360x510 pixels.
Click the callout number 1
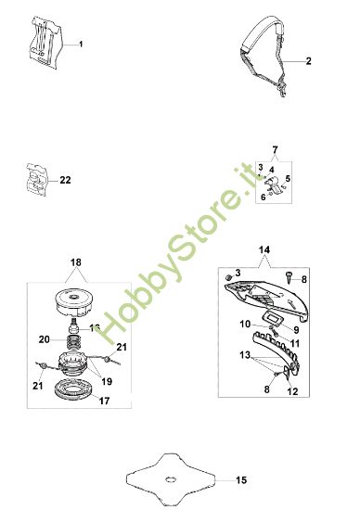81,45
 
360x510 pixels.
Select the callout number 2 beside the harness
308,61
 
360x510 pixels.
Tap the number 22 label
64,180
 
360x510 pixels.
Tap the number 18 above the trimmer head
75,264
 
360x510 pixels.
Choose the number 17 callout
103,402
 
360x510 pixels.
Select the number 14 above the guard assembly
264,250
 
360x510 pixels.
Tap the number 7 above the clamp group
274,149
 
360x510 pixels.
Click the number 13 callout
244,356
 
